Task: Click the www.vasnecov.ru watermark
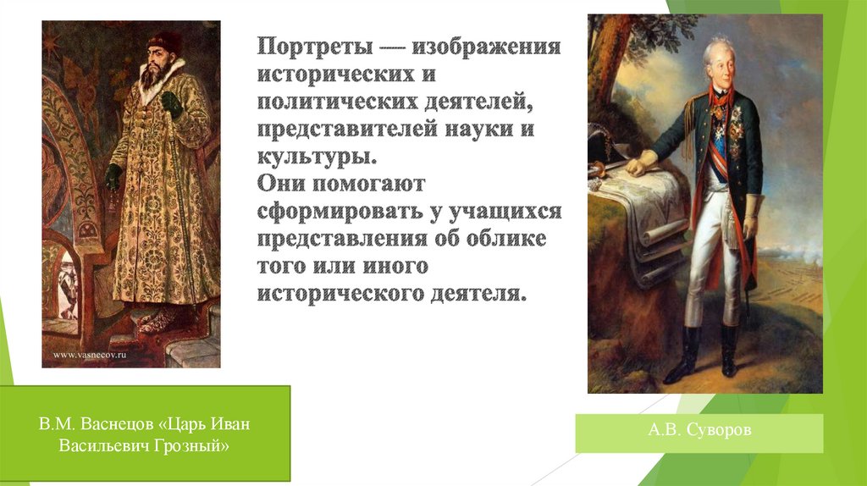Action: pyautogui.click(x=91, y=356)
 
